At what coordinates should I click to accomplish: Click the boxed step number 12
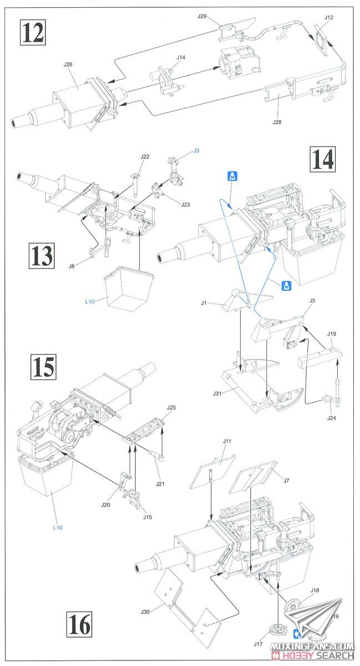tap(32, 33)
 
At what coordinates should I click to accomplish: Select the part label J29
tap(202, 17)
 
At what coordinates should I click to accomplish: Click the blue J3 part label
tap(196, 151)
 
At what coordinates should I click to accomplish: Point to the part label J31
tap(217, 393)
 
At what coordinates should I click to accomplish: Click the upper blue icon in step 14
tap(229, 176)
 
